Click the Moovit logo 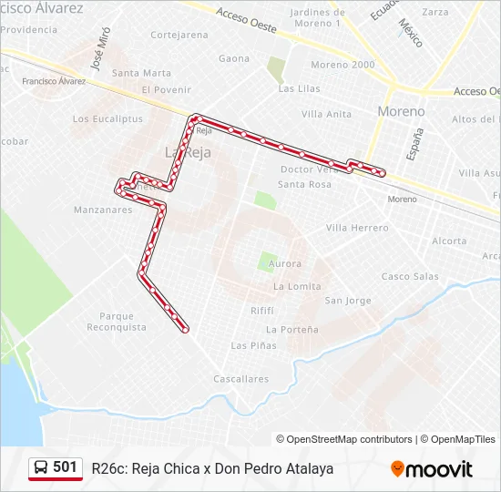point(432,469)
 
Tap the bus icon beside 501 point(41,468)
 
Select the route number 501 point(65,467)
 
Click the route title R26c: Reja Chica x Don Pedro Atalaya point(212,469)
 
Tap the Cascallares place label point(240,379)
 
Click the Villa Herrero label point(357,228)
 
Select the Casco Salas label point(410,276)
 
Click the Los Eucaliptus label point(107,119)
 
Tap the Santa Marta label point(141,73)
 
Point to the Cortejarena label point(179,36)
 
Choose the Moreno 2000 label point(343,65)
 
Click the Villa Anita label point(326,114)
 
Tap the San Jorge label point(348,301)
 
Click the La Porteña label point(292,329)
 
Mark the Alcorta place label point(449,241)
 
